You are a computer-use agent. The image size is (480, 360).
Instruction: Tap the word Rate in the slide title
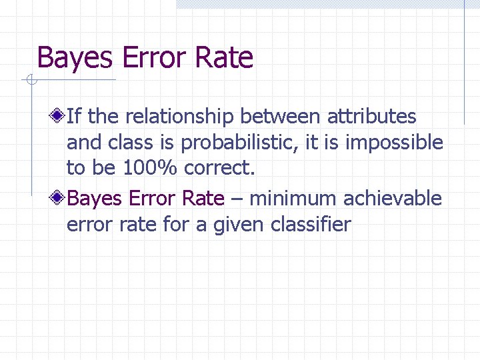224,58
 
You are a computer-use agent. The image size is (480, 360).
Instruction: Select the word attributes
371,117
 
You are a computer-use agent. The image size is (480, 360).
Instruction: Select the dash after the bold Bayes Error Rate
237,199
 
